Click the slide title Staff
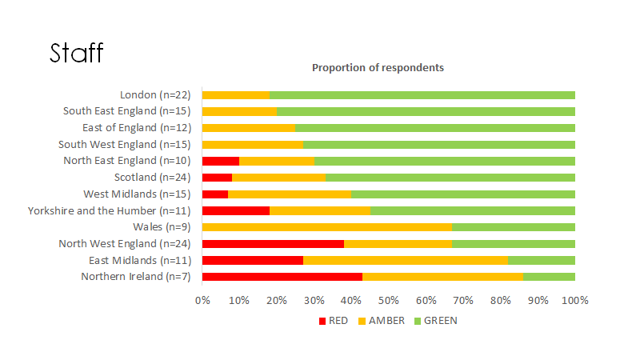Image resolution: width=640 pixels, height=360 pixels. point(77,53)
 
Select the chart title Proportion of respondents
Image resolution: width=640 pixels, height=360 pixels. point(378,68)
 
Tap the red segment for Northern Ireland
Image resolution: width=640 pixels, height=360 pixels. point(282,277)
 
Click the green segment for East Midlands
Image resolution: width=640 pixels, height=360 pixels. point(542,260)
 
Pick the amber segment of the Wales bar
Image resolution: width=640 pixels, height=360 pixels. point(327,227)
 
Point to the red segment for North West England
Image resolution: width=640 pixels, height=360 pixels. point(273,244)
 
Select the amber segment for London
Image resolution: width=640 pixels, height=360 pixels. point(236,95)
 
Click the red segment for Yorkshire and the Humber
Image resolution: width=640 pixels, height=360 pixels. point(236,210)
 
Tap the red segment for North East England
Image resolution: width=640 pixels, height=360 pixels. point(221,161)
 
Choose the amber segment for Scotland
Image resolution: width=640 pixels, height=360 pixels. point(278,178)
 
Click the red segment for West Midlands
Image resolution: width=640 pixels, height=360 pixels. point(215,194)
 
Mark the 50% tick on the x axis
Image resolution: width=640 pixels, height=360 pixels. point(389,301)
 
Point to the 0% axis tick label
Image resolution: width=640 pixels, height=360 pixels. point(202,301)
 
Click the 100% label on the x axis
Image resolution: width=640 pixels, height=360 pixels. point(575,301)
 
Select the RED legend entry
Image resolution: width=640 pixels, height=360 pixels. point(334,321)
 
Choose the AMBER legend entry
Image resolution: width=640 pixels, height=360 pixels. point(381,321)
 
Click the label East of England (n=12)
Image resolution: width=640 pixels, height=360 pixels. point(136,128)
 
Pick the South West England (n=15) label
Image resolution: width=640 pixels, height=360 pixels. point(124,145)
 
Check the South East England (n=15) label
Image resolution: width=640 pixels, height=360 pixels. point(126,111)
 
